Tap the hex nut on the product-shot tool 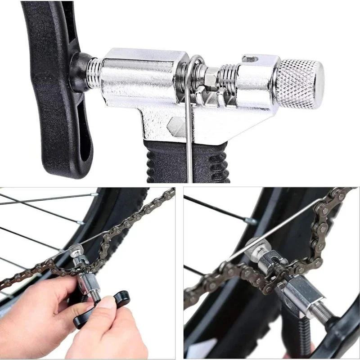211,79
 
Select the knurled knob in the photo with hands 76,250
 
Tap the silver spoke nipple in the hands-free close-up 250,221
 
